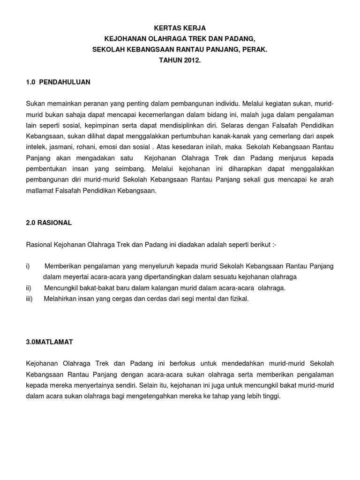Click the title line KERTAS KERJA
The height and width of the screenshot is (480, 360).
pyautogui.click(x=180, y=29)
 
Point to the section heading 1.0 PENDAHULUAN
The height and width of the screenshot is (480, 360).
pyautogui.click(x=58, y=82)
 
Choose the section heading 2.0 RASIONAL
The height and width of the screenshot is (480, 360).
pyautogui.click(x=49, y=223)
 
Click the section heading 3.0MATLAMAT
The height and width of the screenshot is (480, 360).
pyautogui.click(x=49, y=342)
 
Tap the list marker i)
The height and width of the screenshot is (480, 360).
pyautogui.click(x=28, y=266)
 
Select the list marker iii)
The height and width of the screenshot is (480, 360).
pyautogui.click(x=30, y=299)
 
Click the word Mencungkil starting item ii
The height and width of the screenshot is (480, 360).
pyautogui.click(x=60, y=288)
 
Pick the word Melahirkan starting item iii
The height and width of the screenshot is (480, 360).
pyautogui.click(x=60, y=299)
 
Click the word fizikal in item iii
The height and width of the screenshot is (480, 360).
pyautogui.click(x=238, y=299)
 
